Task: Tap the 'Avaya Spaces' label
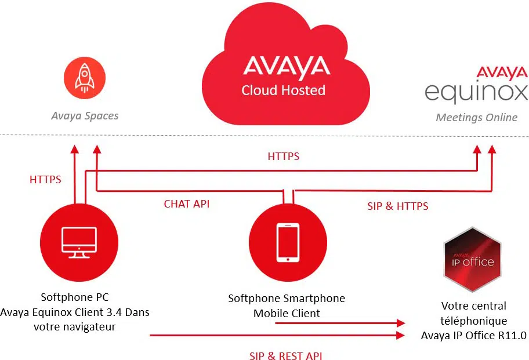pyautogui.click(x=85, y=116)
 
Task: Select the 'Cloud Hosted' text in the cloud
pyautogui.click(x=284, y=90)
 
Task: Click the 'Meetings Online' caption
pyautogui.click(x=476, y=118)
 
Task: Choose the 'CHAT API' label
pyautogui.click(x=187, y=204)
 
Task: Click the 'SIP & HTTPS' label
pyautogui.click(x=398, y=206)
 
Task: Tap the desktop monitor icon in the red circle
pyautogui.click(x=79, y=242)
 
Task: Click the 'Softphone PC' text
pyautogui.click(x=75, y=297)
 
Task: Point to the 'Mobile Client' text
pyautogui.click(x=287, y=314)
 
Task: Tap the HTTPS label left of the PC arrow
pyautogui.click(x=45, y=180)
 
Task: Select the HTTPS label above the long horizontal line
pyautogui.click(x=284, y=157)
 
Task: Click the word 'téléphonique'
pyautogui.click(x=474, y=321)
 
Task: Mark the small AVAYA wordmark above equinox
pyautogui.click(x=502, y=72)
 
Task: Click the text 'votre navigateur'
pyautogui.click(x=75, y=326)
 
